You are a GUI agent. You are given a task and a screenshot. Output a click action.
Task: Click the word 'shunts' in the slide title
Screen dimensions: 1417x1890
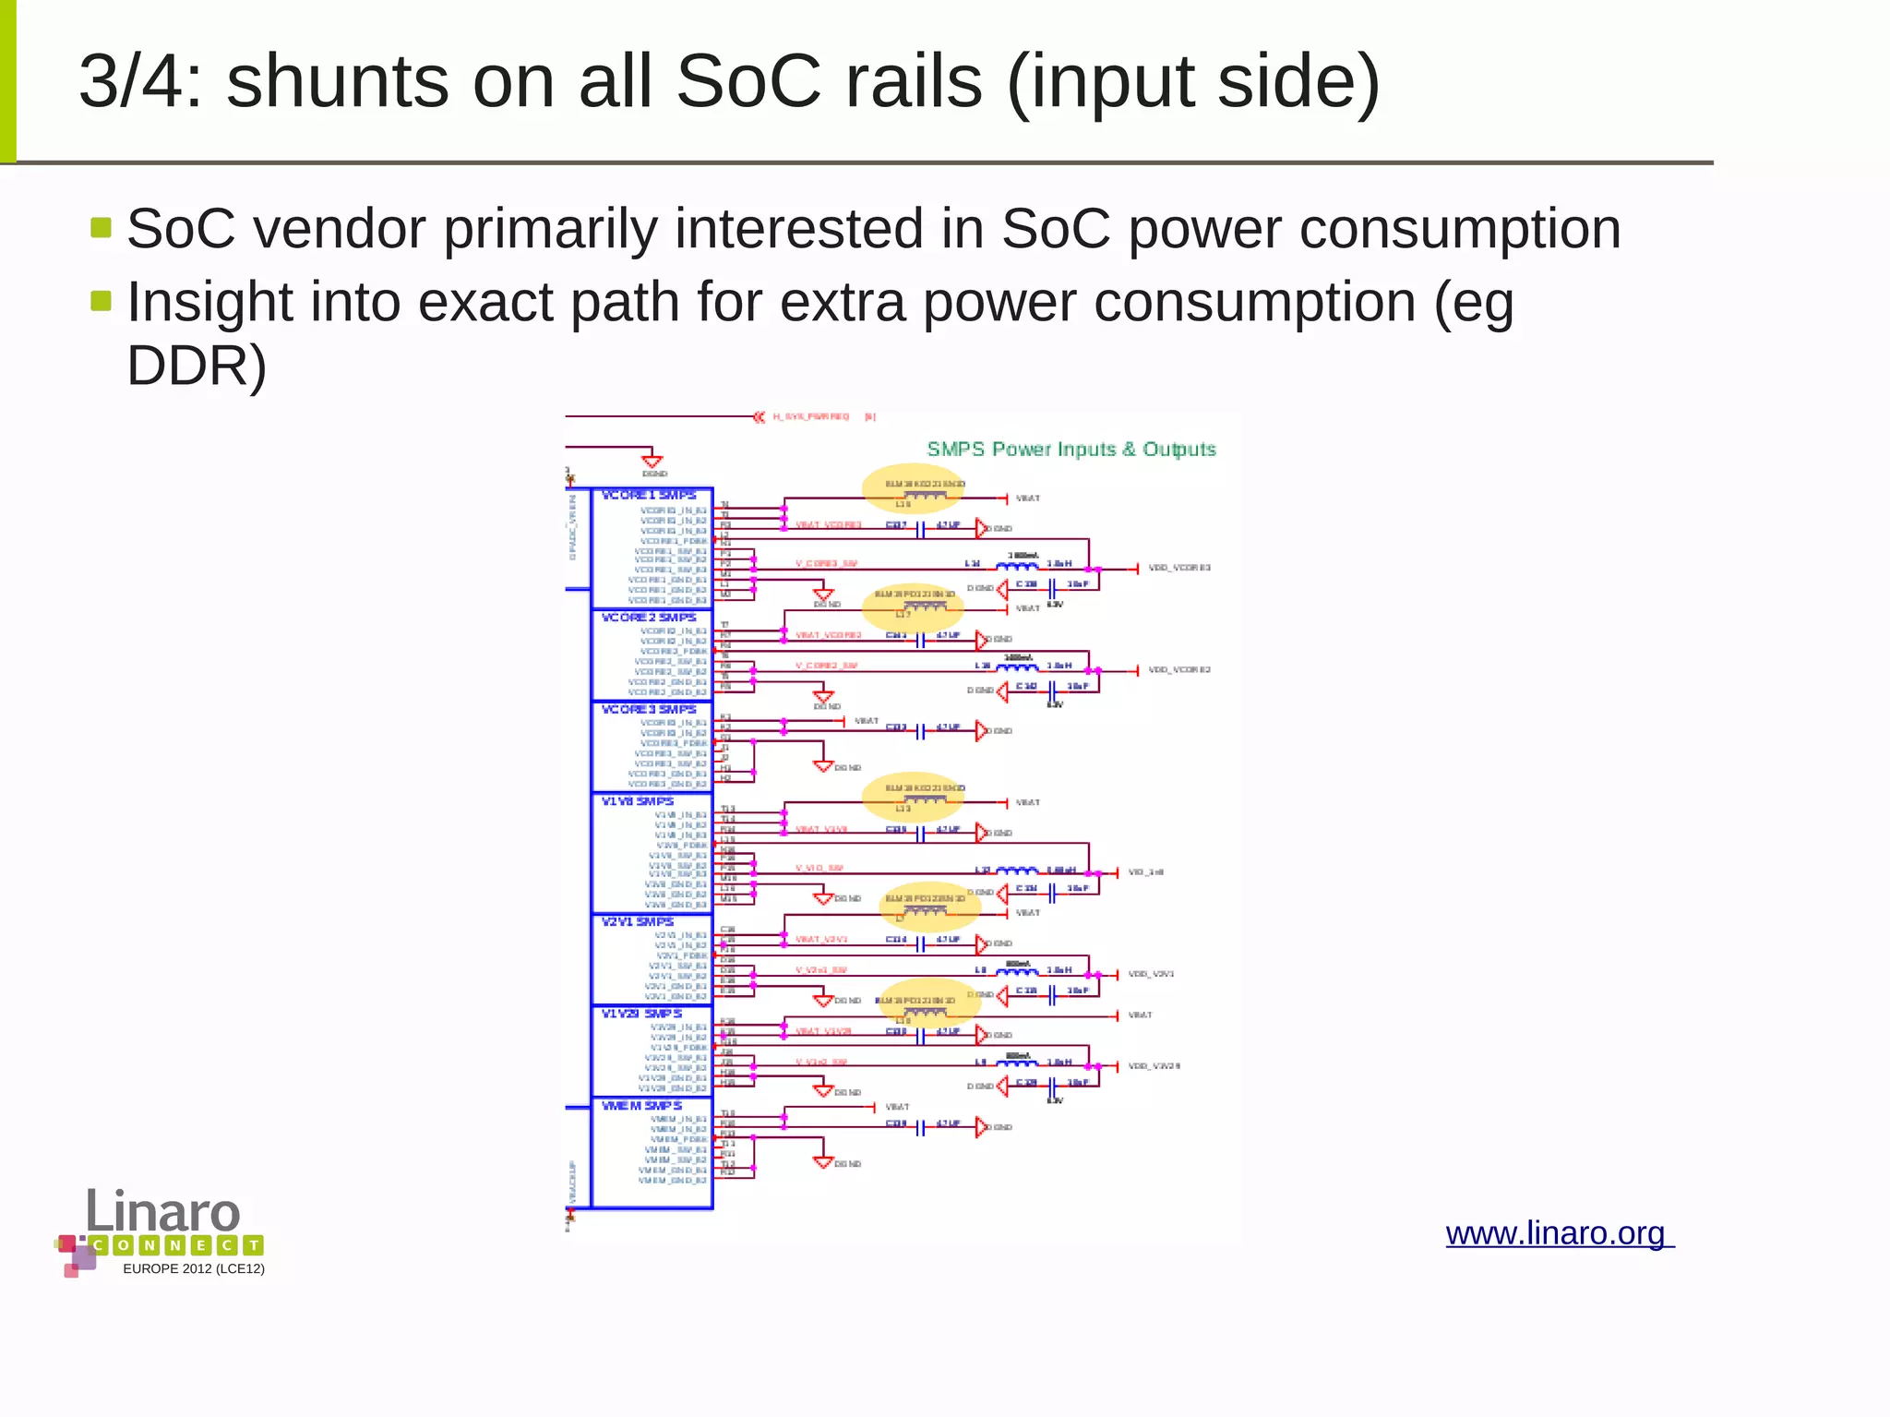pyautogui.click(x=338, y=83)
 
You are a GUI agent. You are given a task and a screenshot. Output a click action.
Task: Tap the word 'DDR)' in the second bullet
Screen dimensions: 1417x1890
pyautogui.click(x=197, y=366)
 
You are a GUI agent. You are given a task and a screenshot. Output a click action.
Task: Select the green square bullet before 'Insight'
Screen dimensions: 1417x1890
pyautogui.click(x=102, y=301)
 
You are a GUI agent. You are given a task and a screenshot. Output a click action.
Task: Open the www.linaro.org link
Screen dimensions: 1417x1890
pyautogui.click(x=1559, y=1233)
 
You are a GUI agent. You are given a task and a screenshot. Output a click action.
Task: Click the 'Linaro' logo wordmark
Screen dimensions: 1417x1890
pyautogui.click(x=163, y=1211)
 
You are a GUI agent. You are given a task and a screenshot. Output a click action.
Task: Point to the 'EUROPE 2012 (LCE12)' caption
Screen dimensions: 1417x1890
pyautogui.click(x=194, y=1269)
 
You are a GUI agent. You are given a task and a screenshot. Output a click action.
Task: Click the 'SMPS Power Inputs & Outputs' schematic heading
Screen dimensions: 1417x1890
pyautogui.click(x=1071, y=450)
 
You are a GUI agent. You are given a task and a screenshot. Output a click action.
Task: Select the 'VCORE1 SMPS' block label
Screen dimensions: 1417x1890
pyautogui.click(x=649, y=496)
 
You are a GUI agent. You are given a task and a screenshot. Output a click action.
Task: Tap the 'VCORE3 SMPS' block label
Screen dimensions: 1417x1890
pyautogui.click(x=649, y=710)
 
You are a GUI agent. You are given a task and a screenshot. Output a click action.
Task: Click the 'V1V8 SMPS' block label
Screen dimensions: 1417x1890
pyautogui.click(x=638, y=801)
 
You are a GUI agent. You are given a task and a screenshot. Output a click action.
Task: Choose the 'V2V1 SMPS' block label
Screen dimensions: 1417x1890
pyautogui.click(x=638, y=921)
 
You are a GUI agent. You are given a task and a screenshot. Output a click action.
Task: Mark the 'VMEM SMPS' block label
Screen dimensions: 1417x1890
pyautogui.click(x=642, y=1106)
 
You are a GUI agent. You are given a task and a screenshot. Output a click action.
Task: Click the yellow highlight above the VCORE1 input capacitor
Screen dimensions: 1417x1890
pyautogui.click(x=913, y=489)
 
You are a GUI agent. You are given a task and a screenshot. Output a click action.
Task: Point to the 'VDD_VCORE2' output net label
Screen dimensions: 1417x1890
pyautogui.click(x=1179, y=670)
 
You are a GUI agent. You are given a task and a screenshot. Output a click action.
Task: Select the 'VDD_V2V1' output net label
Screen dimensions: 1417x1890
pyautogui.click(x=1152, y=974)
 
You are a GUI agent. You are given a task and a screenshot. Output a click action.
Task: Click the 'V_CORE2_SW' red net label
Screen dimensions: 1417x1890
pyautogui.click(x=827, y=666)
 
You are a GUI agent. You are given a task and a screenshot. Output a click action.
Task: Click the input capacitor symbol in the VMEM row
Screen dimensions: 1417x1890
pyautogui.click(x=920, y=1128)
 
